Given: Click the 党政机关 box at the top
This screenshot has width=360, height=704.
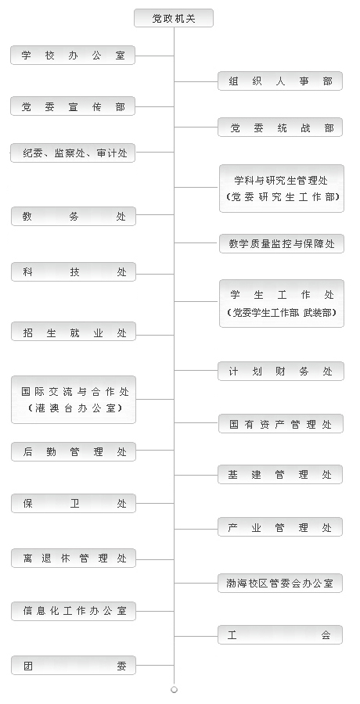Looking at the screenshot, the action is coord(174,19).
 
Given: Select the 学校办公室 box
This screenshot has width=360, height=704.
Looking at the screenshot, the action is coord(73,56).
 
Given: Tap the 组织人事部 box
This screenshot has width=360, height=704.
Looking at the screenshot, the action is coord(280,81).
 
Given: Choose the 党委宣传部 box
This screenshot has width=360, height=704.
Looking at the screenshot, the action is coord(73,106).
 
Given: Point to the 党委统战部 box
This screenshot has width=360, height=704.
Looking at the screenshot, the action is coord(280,128).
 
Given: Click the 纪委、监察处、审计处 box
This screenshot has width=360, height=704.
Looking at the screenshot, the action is coord(73,153).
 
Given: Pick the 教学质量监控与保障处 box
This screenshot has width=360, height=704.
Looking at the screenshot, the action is coord(282,244).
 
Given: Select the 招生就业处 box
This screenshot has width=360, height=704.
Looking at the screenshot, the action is coord(74,332).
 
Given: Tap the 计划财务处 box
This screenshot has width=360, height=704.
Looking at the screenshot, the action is coord(281,372).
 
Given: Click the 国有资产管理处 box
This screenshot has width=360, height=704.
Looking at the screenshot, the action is coord(281,424).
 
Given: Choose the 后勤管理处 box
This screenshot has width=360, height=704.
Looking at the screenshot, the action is coord(74,451).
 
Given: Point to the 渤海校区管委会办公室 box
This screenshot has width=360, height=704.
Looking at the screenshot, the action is coord(280,584).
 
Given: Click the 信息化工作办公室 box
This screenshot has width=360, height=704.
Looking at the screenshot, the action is coord(74,611).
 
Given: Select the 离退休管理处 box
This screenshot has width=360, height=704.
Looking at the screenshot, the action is coord(74,558).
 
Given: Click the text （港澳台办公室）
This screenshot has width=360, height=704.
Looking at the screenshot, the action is coord(74,408).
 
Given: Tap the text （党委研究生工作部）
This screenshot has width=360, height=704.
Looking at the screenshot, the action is coord(283,196).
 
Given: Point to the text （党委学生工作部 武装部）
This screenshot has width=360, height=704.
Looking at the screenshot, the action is coord(282,312).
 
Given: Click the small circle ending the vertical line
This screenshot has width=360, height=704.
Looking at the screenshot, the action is coord(174,690).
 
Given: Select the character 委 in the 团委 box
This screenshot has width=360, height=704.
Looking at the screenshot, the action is coord(122,666).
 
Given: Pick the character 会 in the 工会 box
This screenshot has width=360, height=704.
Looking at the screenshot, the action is coord(326,635).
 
